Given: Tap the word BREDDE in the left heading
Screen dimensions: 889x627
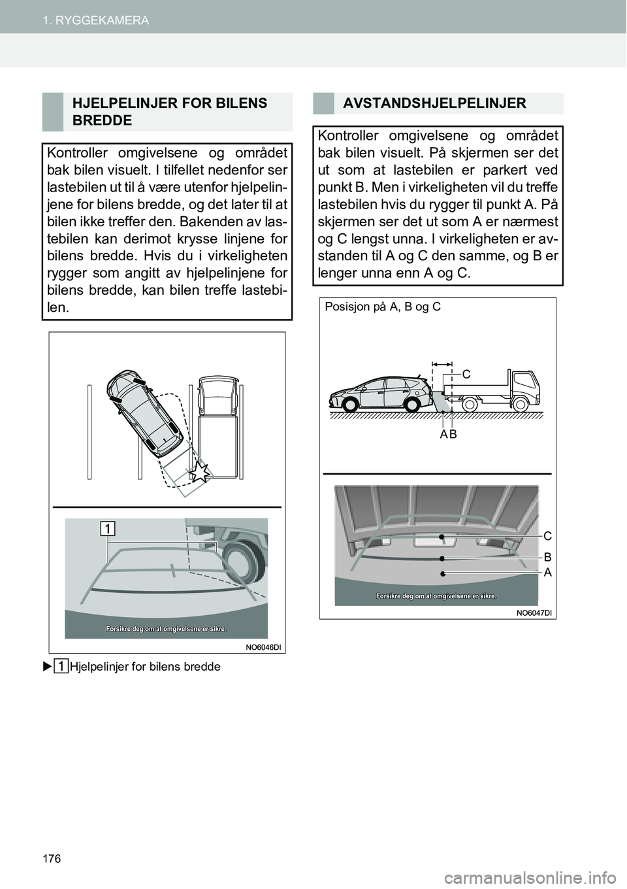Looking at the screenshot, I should tap(103, 120).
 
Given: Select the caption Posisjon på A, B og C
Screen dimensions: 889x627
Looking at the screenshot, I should tap(382, 307).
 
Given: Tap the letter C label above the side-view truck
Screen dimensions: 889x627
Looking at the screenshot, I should tap(466, 375).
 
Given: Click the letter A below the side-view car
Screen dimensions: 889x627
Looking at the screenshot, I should tap(443, 435).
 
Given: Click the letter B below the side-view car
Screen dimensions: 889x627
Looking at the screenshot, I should tap(453, 435).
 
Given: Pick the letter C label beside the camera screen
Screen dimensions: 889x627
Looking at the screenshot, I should tap(547, 536).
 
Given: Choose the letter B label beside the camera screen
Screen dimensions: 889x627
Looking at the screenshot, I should tap(547, 558).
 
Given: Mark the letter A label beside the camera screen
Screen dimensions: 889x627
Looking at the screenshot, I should tap(547, 572).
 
